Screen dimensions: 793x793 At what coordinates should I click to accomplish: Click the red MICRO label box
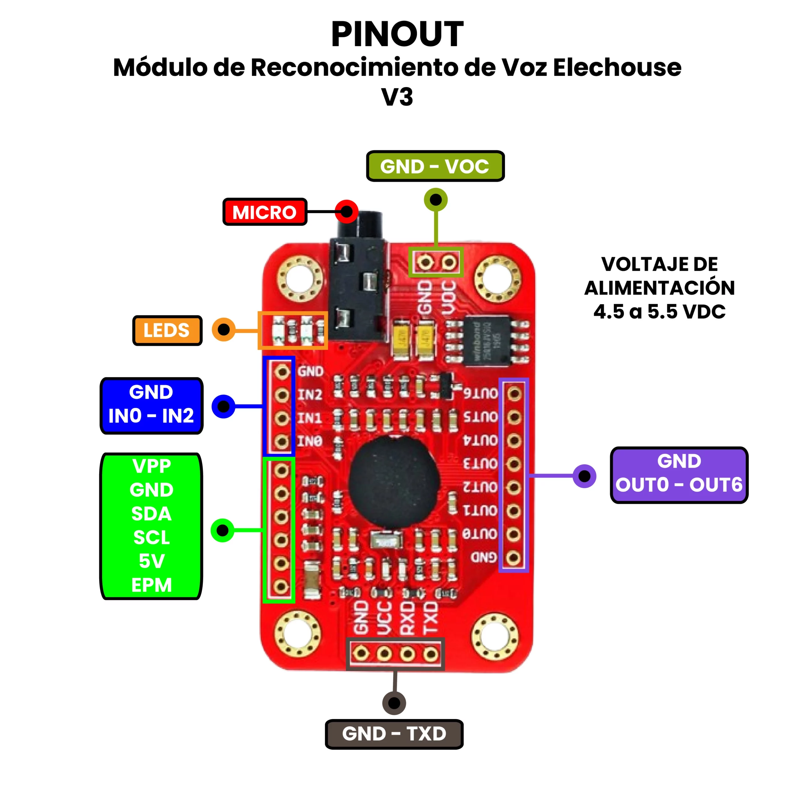click(265, 212)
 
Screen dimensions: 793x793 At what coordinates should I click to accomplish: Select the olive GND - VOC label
click(435, 166)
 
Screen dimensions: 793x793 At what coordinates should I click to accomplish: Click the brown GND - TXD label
click(394, 734)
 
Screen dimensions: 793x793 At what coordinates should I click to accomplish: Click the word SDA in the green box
click(151, 514)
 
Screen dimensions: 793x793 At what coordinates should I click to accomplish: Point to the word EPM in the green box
click(151, 585)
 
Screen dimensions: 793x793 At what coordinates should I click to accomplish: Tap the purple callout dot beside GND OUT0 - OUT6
click(584, 476)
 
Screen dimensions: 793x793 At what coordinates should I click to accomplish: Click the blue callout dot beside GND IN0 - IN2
click(223, 406)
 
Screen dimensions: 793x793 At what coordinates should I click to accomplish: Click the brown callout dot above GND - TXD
click(394, 703)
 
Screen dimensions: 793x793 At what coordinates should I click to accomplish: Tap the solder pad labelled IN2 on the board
click(282, 395)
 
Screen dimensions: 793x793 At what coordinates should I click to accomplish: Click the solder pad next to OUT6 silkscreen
click(514, 394)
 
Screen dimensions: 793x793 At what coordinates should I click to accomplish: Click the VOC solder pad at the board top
click(449, 262)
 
